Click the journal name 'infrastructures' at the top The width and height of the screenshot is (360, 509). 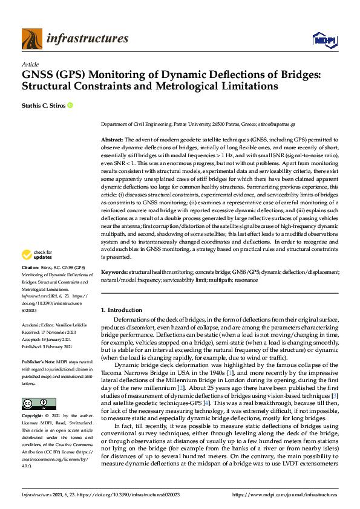coord(87,39)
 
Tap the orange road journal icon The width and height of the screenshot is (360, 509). coord(32,39)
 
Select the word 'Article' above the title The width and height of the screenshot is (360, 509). coord(30,65)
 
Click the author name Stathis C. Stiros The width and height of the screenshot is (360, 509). coord(43,105)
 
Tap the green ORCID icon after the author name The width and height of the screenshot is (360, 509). coord(70,105)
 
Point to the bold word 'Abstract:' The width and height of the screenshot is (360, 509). coord(113,140)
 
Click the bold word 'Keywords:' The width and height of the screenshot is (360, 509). coord(114,273)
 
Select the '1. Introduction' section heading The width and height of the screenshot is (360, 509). coord(122,310)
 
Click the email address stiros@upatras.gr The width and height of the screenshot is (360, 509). coord(277,124)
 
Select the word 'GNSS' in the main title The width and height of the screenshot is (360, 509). coord(41,75)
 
